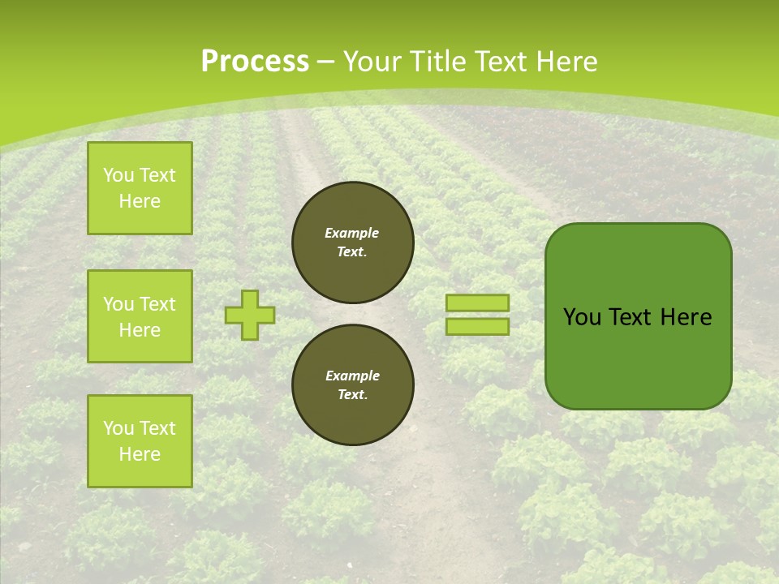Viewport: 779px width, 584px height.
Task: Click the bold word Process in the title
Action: (x=255, y=62)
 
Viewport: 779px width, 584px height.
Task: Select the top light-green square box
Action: (x=140, y=188)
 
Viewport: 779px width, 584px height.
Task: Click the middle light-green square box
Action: (x=140, y=316)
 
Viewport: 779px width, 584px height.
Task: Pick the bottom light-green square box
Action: (x=140, y=441)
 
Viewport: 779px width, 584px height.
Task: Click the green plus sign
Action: (x=250, y=315)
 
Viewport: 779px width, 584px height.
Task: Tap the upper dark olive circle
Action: (x=353, y=243)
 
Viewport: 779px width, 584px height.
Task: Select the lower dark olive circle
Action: (x=353, y=385)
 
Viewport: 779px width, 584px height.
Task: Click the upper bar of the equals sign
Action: (x=477, y=303)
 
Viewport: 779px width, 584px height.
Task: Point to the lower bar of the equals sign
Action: (x=477, y=326)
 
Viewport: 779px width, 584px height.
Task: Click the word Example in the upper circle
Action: (x=352, y=233)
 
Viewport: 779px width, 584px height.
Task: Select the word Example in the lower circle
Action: (x=352, y=376)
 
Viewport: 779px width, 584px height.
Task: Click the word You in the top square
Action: (x=118, y=175)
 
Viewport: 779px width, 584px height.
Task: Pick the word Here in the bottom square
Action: (x=140, y=454)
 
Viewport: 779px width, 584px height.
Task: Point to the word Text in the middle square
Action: (x=157, y=304)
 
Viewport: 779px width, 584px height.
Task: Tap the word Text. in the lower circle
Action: (x=352, y=395)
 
